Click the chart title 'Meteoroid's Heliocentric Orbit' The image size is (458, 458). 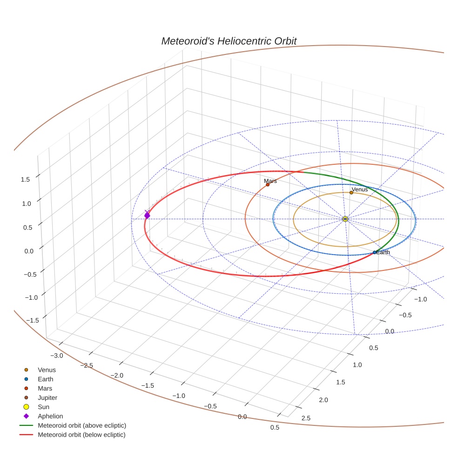click(229, 41)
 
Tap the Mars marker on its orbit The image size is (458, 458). click(268, 185)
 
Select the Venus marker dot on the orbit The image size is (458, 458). click(351, 193)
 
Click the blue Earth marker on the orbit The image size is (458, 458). click(375, 252)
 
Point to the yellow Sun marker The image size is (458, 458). click(345, 219)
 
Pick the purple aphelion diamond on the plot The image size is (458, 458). click(147, 216)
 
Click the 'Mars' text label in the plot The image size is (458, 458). click(270, 181)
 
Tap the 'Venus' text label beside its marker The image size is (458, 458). click(360, 189)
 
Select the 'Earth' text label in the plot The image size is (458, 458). click(383, 252)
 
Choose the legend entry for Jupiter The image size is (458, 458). click(47, 397)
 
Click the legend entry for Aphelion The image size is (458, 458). click(50, 416)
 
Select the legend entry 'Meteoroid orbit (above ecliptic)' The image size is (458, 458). click(81, 425)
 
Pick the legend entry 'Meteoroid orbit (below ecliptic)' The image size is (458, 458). click(81, 435)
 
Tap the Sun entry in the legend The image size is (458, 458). click(43, 407)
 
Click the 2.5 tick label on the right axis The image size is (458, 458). click(306, 418)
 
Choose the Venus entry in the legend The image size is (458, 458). click(47, 370)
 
